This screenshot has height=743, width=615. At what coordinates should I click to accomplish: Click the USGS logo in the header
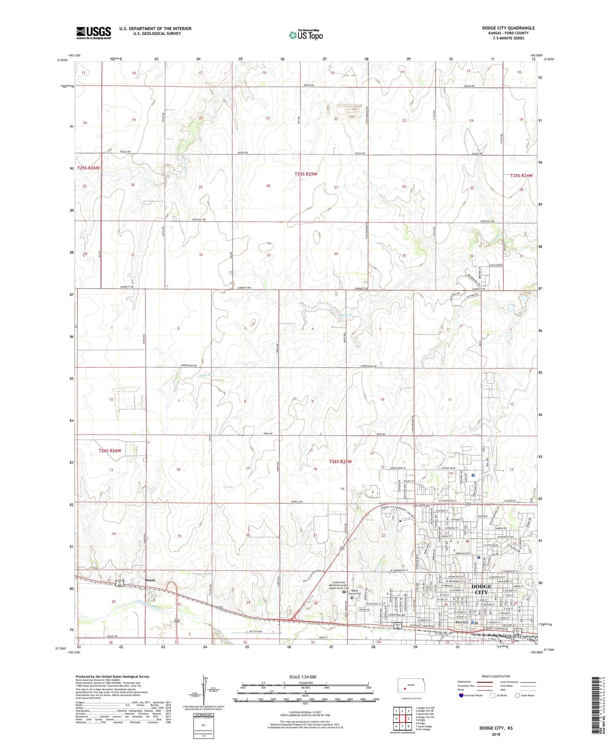tap(94, 33)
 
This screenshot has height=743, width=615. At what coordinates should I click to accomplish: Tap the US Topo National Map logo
tap(305, 34)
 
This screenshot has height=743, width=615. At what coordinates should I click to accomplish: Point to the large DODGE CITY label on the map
tap(481, 589)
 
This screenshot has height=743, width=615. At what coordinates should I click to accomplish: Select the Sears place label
tap(150, 580)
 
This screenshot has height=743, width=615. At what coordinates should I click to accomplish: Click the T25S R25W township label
tap(306, 174)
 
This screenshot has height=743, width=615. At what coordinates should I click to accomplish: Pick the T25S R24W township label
tap(521, 175)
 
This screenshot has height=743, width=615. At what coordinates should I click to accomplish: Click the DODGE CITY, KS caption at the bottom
tap(496, 728)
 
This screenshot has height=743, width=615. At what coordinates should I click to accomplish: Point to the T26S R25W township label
tap(340, 461)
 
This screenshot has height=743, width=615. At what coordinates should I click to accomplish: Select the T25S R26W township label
tap(89, 168)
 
